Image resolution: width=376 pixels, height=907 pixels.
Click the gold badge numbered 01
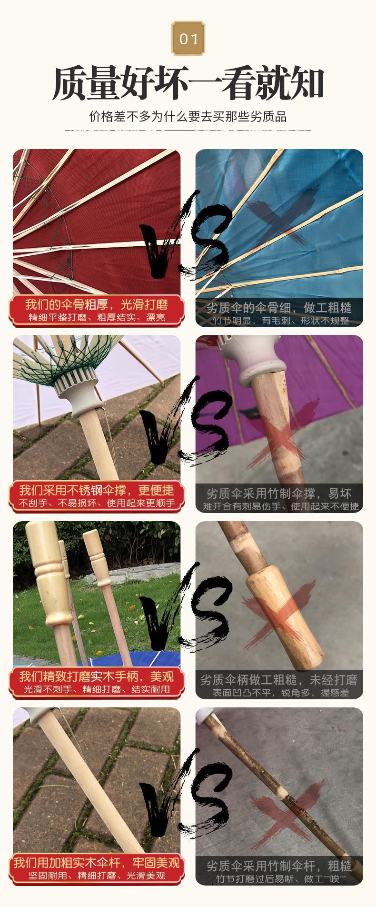coord(188,38)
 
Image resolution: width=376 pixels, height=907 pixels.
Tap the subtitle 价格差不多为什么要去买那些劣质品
coord(188,116)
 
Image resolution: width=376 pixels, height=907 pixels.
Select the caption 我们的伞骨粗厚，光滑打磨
coord(97,304)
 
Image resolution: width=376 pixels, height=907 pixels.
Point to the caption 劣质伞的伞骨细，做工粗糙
coord(279,307)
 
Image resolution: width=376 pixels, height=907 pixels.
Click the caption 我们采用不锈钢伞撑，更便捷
coord(97,490)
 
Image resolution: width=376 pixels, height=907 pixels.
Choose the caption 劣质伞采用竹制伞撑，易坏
coord(279,493)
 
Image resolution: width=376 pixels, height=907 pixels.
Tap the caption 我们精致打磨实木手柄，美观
coord(97,676)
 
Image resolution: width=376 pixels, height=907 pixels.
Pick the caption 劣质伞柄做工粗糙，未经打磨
coord(279,680)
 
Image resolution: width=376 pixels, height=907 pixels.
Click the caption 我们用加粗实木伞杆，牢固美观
coord(97,863)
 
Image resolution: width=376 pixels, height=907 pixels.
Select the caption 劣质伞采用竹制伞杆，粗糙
coord(279,866)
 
